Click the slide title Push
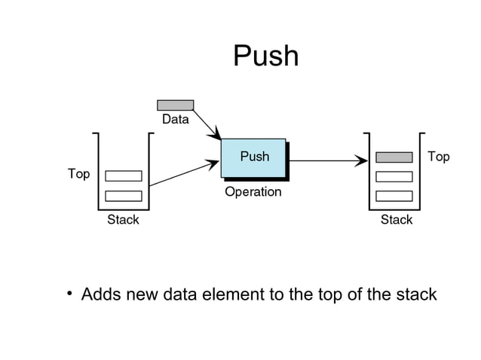click(x=265, y=56)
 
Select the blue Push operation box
click(x=253, y=157)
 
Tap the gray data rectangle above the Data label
click(x=175, y=105)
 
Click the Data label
click(x=175, y=120)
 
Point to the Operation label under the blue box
click(x=253, y=192)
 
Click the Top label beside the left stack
click(x=78, y=174)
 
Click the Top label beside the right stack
click(x=438, y=157)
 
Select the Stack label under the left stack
click(x=123, y=220)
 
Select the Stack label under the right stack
click(x=396, y=220)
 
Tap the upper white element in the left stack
click(x=124, y=176)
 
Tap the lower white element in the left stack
click(x=124, y=196)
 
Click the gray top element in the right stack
click(x=394, y=157)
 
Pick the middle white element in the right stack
click(x=394, y=176)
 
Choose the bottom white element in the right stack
click(x=394, y=196)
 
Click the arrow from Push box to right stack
click(x=324, y=160)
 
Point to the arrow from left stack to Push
click(x=181, y=174)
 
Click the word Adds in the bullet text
click(x=99, y=294)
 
